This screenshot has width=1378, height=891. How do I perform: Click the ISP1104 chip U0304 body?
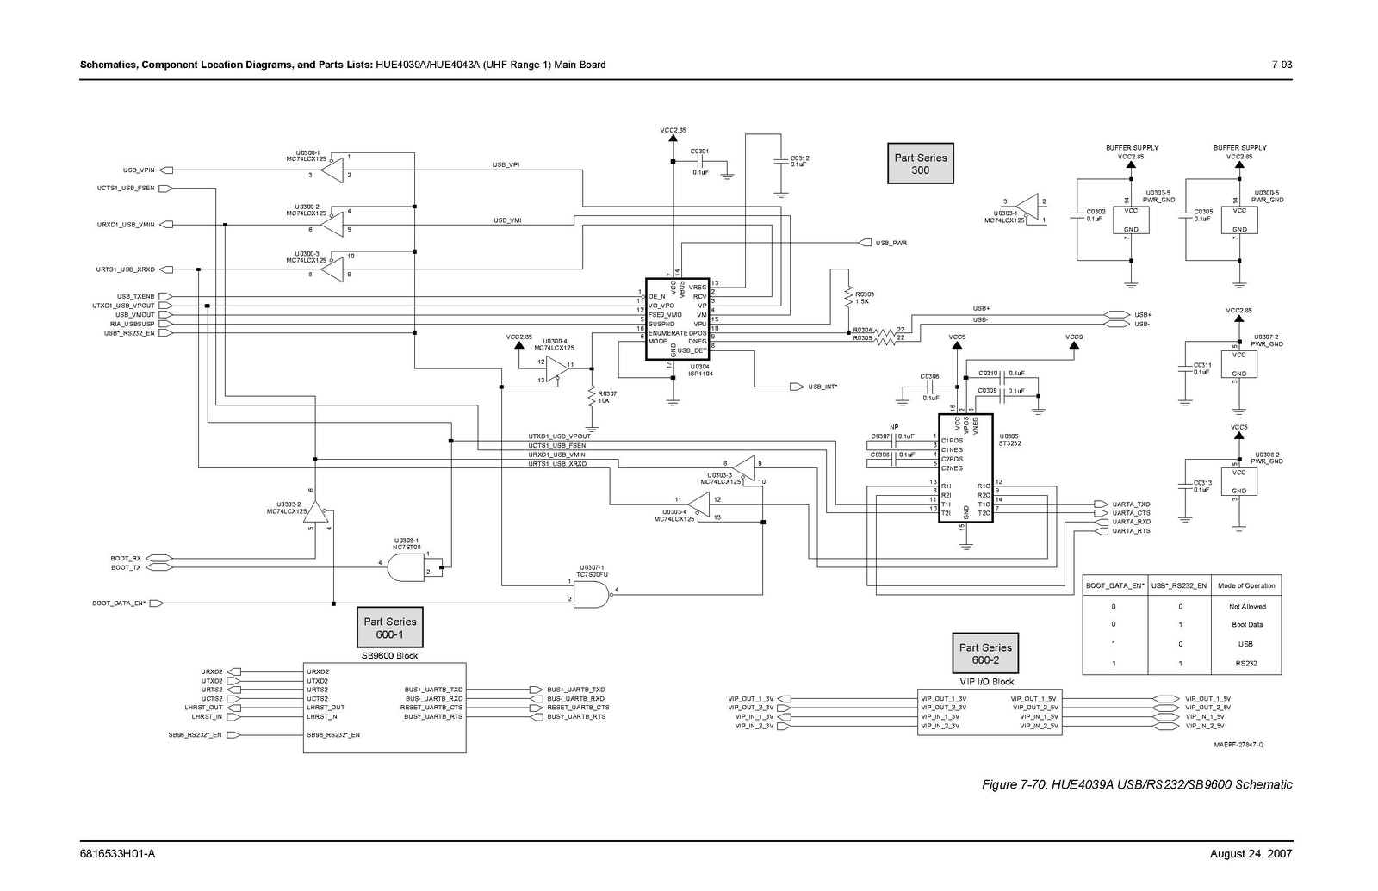click(677, 319)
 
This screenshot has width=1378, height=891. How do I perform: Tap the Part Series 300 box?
click(920, 164)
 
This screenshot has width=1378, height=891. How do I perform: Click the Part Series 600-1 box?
click(389, 628)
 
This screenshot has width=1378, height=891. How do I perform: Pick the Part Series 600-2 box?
click(985, 653)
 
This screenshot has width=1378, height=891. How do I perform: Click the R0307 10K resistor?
click(592, 397)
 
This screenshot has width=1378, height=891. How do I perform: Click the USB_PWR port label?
click(891, 244)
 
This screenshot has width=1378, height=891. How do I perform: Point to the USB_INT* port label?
click(822, 387)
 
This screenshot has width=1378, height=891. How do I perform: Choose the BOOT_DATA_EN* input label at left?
click(119, 603)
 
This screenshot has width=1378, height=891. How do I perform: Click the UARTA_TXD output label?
click(1130, 504)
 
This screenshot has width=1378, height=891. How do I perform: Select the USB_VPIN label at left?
click(139, 170)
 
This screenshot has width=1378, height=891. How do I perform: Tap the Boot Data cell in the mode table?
click(1246, 625)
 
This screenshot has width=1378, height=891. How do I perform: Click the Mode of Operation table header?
click(1246, 586)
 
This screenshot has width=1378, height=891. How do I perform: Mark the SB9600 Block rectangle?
click(384, 708)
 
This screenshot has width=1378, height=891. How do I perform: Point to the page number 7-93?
click(1282, 65)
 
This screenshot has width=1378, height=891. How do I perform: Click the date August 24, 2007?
click(1251, 854)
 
